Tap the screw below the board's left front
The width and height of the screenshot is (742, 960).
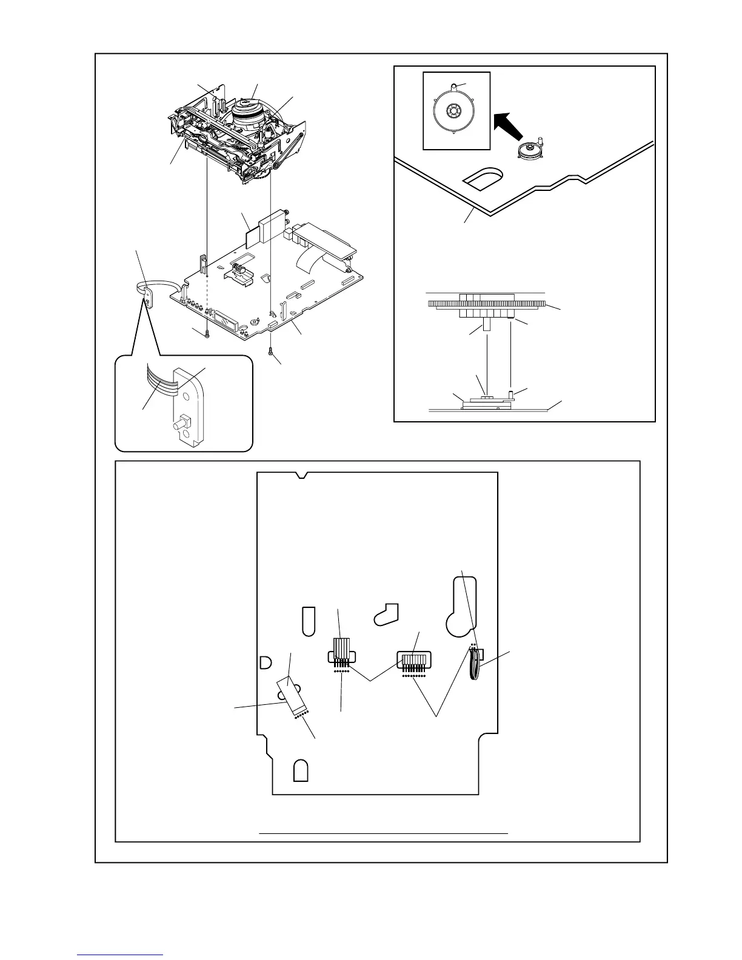(x=207, y=333)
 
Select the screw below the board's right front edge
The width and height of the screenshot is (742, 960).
(x=271, y=351)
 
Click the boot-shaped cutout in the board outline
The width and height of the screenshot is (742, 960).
(x=386, y=613)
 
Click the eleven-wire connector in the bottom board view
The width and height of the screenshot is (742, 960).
(x=413, y=660)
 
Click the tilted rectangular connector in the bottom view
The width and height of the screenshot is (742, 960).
(x=292, y=695)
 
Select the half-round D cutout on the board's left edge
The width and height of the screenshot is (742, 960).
(x=264, y=663)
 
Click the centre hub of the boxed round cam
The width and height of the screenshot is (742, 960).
(x=452, y=112)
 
